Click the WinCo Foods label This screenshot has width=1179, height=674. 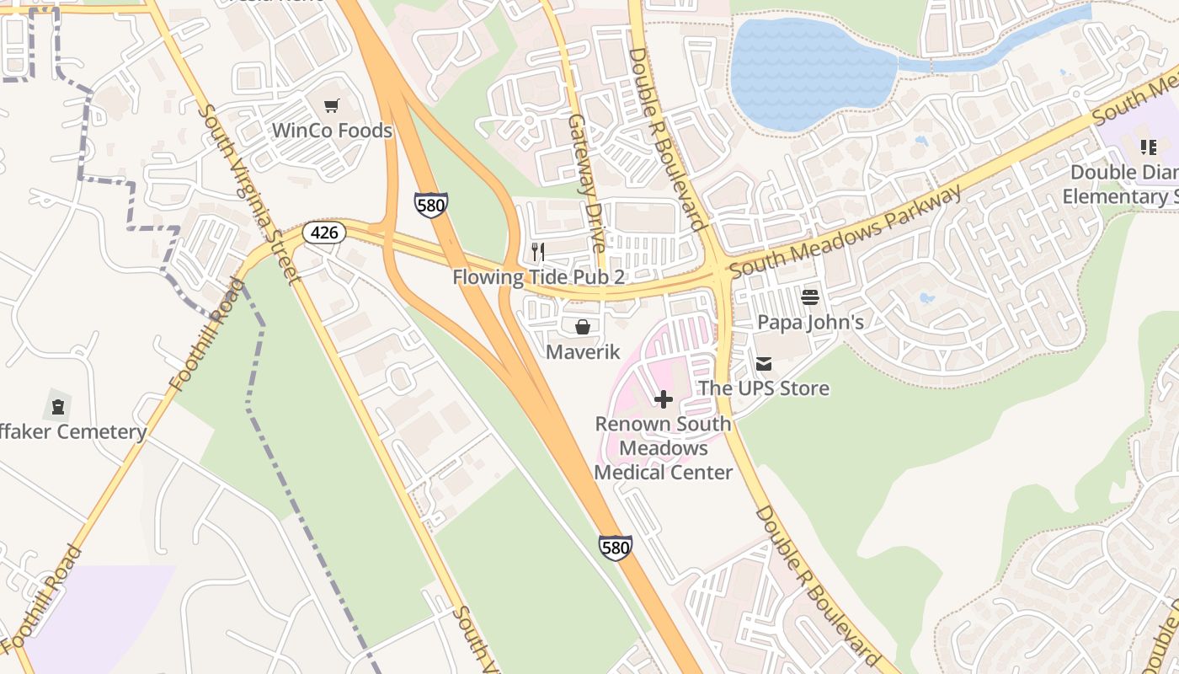(x=332, y=131)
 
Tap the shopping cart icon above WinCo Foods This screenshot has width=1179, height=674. (x=332, y=106)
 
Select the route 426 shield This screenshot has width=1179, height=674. (x=324, y=233)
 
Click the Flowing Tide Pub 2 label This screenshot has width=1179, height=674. (x=539, y=276)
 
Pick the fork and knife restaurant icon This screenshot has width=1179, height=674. (x=538, y=252)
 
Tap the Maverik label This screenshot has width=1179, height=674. (x=583, y=351)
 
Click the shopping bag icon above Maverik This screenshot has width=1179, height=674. (x=583, y=327)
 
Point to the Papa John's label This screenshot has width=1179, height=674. (x=810, y=322)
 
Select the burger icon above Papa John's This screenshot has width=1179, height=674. (x=810, y=297)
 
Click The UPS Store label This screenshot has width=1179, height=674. (x=764, y=388)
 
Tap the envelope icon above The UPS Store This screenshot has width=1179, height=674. (x=764, y=364)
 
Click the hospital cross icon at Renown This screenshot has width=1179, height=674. (x=664, y=399)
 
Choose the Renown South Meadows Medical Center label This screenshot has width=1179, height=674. (x=664, y=447)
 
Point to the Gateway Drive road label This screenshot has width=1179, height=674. (x=586, y=184)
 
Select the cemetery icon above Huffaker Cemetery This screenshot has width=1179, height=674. (x=57, y=408)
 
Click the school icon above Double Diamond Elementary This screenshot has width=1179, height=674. (x=1149, y=148)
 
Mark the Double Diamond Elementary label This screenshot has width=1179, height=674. (x=1120, y=185)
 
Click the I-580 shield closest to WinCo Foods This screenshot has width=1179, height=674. (x=430, y=205)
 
